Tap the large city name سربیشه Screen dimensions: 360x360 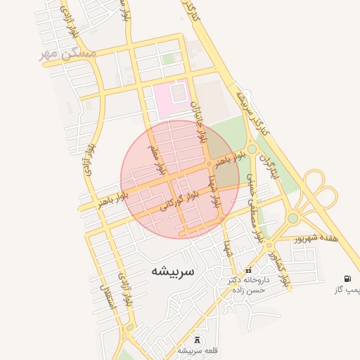[x=175, y=270]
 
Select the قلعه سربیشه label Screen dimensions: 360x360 [x=198, y=350]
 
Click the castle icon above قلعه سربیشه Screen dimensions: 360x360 [x=196, y=340]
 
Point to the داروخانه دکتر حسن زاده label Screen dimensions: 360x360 [x=248, y=284]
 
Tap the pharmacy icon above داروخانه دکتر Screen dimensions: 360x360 [x=248, y=271]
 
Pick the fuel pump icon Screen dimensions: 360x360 [x=347, y=278]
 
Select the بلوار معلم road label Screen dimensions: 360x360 [x=156, y=160]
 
